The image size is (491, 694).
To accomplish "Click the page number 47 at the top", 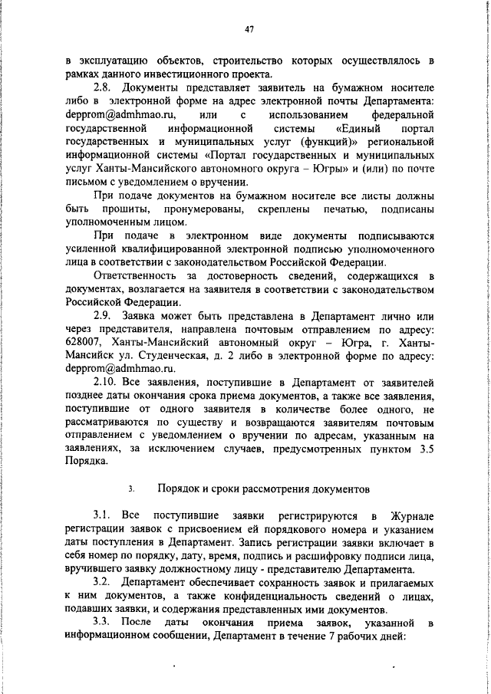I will click(249, 30).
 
